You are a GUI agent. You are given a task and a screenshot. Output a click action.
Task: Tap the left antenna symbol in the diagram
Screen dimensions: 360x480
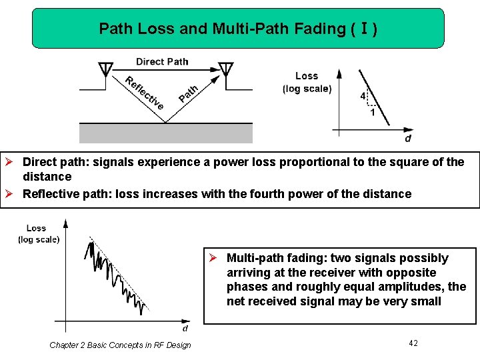click(105, 69)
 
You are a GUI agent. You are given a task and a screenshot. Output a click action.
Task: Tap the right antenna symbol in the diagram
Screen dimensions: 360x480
click(226, 69)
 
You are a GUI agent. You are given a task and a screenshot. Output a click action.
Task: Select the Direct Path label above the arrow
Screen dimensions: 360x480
click(162, 61)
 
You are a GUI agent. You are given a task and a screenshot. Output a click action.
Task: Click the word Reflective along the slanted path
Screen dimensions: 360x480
click(144, 93)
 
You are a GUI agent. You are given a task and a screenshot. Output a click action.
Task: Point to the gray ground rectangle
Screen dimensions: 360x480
click(166, 133)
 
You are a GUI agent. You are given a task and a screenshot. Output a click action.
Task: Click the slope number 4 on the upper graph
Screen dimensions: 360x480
click(363, 96)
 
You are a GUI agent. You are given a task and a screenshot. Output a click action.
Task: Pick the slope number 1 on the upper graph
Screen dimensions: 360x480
click(372, 113)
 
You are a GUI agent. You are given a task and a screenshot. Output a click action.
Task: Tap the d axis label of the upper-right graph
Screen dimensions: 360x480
click(408, 139)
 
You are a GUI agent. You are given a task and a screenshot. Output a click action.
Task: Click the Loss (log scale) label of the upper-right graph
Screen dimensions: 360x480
click(307, 83)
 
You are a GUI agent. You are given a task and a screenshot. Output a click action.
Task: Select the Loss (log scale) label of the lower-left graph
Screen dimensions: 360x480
click(38, 233)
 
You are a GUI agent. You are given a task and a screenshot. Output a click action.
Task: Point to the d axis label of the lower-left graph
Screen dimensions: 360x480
click(185, 328)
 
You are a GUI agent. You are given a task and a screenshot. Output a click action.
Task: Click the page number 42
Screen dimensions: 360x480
click(413, 343)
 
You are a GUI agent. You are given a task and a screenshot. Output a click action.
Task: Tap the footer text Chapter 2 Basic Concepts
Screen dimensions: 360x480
click(120, 345)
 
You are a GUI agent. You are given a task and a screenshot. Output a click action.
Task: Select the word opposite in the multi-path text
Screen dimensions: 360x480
click(413, 273)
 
